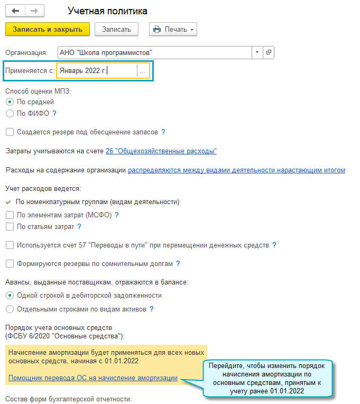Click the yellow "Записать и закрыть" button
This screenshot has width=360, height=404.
[48, 29]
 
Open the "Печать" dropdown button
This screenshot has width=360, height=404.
[173, 29]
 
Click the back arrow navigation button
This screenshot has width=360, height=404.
[15, 11]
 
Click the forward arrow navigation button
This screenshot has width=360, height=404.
[34, 11]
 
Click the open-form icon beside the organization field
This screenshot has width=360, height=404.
[269, 52]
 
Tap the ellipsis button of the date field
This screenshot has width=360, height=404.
[142, 71]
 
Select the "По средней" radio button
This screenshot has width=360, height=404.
[10, 102]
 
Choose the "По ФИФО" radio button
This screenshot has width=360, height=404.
[10, 113]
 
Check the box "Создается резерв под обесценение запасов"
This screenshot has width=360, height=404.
[10, 132]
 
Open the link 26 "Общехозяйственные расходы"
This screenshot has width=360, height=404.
[161, 151]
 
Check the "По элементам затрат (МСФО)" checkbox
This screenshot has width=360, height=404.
[10, 215]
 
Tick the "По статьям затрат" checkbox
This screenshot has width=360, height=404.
[10, 226]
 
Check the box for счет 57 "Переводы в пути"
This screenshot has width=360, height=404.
[10, 245]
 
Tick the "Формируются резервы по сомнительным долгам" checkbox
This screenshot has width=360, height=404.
[10, 263]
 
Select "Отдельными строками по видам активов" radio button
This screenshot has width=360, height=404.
[10, 309]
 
